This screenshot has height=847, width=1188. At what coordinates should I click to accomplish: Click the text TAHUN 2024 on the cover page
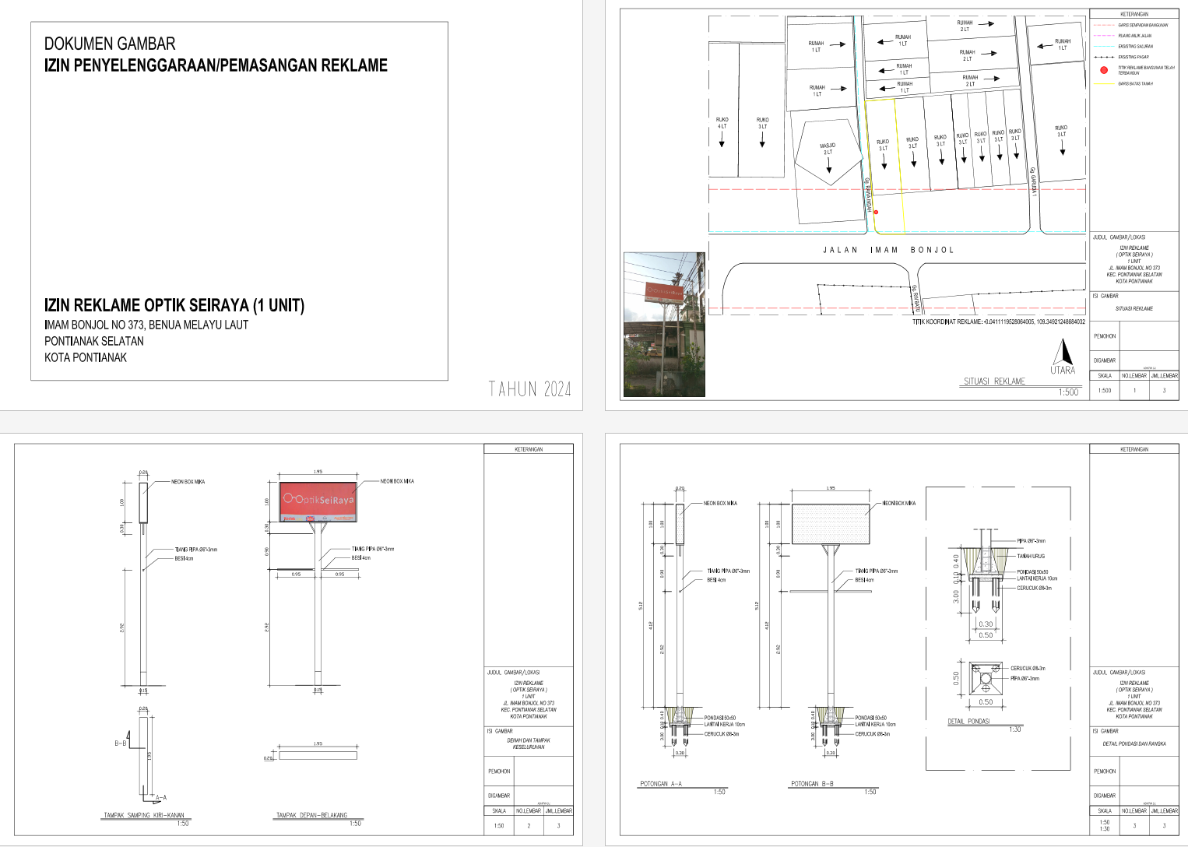point(529,389)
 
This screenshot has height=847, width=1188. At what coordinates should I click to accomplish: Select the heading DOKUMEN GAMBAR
point(110,44)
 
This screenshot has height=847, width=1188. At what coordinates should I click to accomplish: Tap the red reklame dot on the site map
point(876,212)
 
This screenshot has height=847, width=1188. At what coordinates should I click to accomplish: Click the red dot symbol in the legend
point(1103,70)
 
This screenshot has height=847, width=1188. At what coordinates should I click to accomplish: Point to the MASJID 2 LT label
point(828,149)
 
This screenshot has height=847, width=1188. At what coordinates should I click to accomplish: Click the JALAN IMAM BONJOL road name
point(887,250)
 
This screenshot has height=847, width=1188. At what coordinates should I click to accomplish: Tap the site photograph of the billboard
point(665,324)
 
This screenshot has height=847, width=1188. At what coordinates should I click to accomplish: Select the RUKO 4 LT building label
point(722,123)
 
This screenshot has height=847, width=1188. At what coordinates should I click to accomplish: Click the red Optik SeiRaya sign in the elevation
point(318,497)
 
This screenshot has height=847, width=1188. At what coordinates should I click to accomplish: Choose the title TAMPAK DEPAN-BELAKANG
point(311,815)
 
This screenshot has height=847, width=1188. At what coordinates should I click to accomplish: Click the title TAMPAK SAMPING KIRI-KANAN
point(144,815)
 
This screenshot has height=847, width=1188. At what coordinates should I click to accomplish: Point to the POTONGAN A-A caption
point(660,784)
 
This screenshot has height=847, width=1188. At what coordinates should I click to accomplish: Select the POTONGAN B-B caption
point(812,784)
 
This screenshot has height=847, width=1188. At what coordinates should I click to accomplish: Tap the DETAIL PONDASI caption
point(968,722)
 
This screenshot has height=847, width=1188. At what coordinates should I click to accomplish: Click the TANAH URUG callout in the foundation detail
point(1031,556)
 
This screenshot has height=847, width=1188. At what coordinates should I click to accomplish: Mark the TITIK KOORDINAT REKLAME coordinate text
point(998,322)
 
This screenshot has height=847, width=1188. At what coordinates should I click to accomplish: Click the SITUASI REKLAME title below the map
point(994,381)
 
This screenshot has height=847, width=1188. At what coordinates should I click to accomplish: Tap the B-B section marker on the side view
point(120,743)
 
